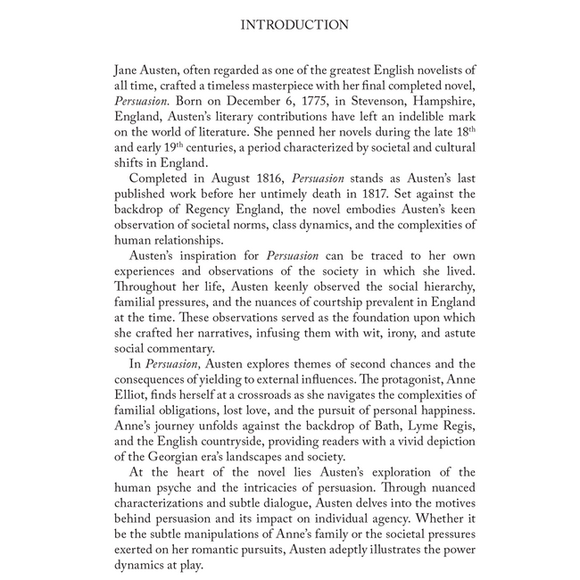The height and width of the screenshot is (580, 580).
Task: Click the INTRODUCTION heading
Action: click(294, 25)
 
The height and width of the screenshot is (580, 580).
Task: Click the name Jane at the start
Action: click(128, 70)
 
